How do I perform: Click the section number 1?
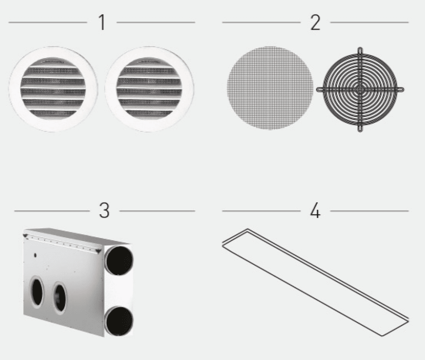click(x=102, y=22)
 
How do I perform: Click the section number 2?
click(x=315, y=22)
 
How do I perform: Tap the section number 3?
click(x=104, y=210)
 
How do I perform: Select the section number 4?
click(x=315, y=210)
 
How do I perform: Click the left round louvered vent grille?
click(x=53, y=89)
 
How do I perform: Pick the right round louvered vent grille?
click(x=149, y=89)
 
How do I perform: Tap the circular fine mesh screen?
click(x=270, y=88)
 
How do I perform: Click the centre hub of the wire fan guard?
click(x=360, y=89)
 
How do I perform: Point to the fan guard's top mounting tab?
click(x=360, y=51)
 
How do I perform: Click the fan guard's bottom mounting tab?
click(x=360, y=128)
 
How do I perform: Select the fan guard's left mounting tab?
click(x=320, y=89)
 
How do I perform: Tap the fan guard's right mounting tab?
click(x=400, y=89)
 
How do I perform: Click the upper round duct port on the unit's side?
click(x=119, y=260)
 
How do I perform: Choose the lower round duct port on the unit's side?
click(x=119, y=321)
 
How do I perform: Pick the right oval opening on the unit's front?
click(x=60, y=297)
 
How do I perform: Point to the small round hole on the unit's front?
click(x=35, y=255)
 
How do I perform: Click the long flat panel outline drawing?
click(x=316, y=282)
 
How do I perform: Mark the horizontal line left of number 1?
click(x=48, y=22)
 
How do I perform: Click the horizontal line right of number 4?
click(x=369, y=210)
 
